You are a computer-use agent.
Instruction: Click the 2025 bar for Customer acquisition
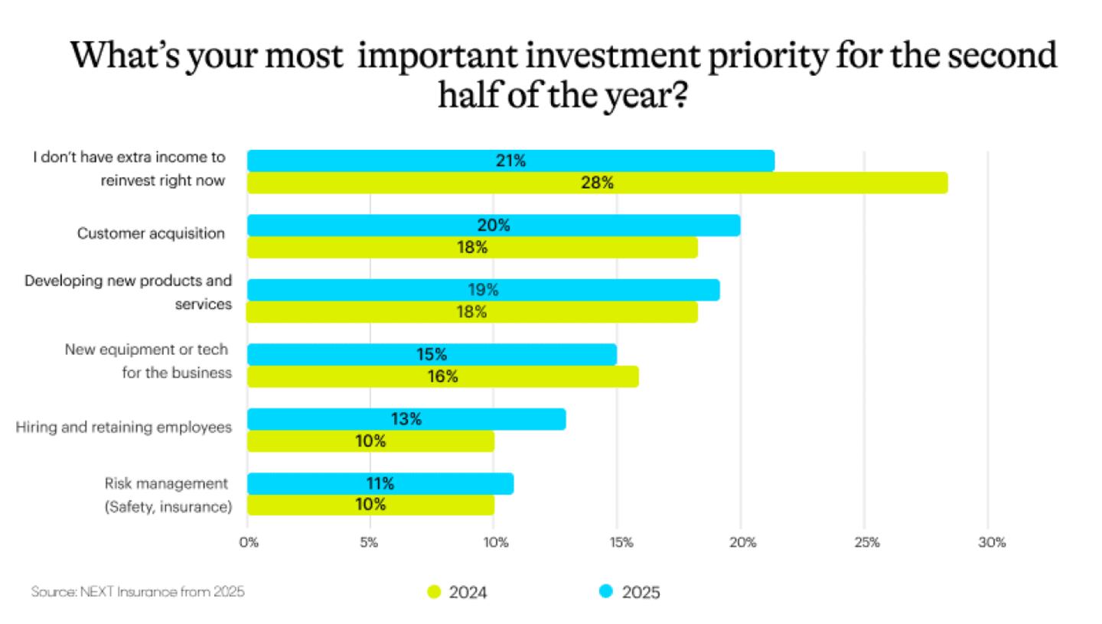click(494, 226)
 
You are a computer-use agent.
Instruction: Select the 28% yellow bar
click(597, 184)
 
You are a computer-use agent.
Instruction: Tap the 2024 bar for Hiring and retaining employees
click(370, 441)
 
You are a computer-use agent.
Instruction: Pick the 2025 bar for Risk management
click(380, 483)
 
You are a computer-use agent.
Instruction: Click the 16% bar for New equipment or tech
click(442, 376)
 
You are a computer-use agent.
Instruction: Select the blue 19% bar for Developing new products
click(483, 290)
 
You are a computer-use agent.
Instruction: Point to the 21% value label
click(510, 161)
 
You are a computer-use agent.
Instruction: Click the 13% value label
click(406, 419)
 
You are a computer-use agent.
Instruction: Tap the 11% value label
click(380, 483)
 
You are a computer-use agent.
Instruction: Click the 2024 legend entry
click(457, 592)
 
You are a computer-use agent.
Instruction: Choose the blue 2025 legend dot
click(606, 591)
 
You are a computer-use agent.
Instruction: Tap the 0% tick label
click(249, 543)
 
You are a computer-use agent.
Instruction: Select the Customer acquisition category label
click(151, 234)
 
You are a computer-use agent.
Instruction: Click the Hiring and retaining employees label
click(124, 427)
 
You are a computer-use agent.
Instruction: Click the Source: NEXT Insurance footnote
click(138, 592)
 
